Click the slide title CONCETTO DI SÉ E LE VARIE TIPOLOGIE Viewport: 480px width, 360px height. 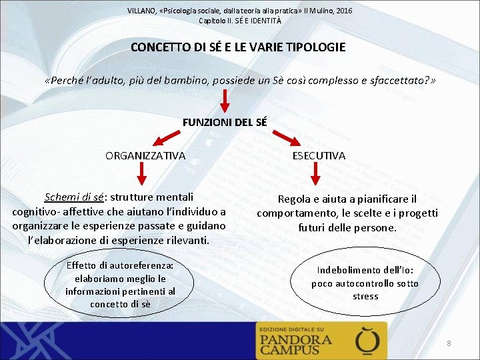click(238, 47)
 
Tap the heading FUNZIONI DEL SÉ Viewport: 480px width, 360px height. click(225, 122)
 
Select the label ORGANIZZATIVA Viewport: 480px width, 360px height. click(145, 155)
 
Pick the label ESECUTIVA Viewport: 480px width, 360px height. click(318, 155)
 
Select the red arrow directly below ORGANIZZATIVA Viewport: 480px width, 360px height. click(142, 175)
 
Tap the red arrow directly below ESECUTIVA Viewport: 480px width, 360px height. click(317, 175)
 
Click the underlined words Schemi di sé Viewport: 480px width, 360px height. click(73, 197)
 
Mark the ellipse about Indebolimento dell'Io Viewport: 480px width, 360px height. click(365, 283)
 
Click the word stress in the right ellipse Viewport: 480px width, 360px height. click(365, 296)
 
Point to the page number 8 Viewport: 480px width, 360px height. click(449, 343)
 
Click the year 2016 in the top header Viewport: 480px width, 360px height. click(345, 11)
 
